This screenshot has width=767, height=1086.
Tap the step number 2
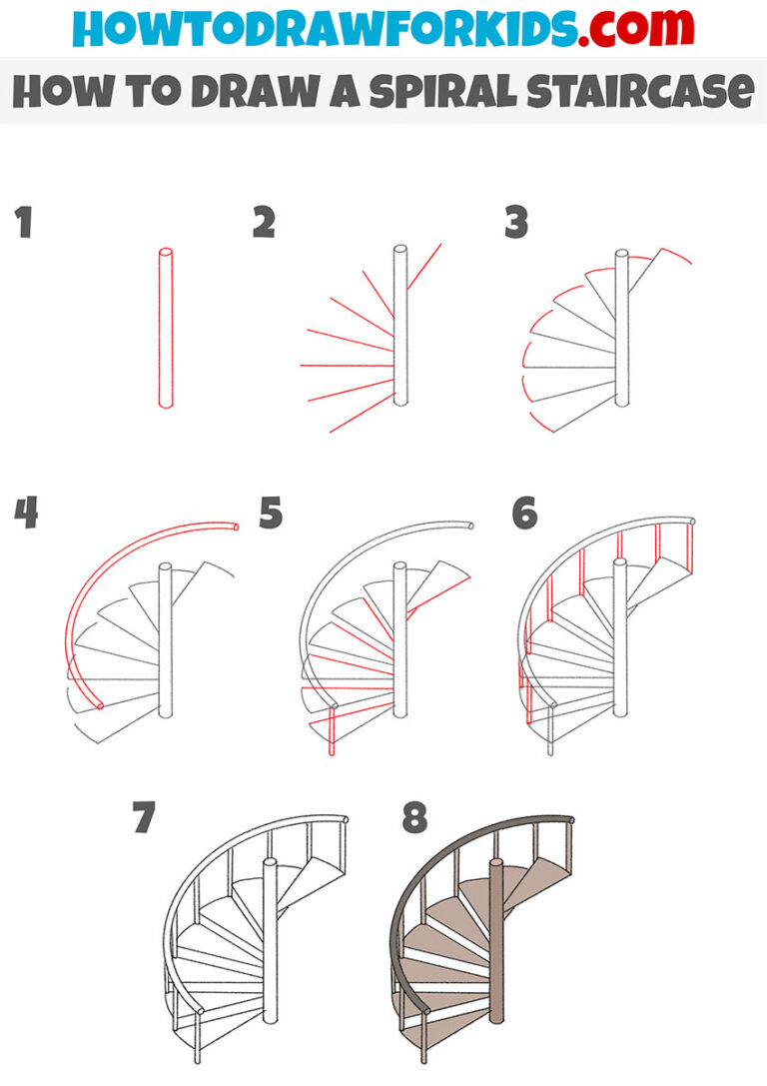[264, 224]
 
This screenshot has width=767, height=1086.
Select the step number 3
[515, 224]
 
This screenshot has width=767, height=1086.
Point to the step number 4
[26, 514]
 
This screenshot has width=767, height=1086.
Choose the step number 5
[271, 514]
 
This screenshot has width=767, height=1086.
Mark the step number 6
[523, 514]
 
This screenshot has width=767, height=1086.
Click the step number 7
[146, 818]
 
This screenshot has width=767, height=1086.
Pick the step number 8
[414, 818]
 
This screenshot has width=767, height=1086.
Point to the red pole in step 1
[165, 330]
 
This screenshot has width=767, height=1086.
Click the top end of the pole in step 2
[400, 250]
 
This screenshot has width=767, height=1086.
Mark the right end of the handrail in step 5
[470, 525]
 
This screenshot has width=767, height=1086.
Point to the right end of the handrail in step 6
[691, 522]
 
